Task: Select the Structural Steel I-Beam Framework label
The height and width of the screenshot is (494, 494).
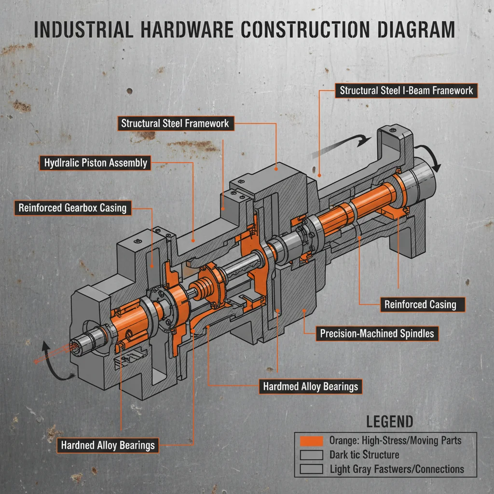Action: (406, 90)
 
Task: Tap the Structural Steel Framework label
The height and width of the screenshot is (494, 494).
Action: (175, 123)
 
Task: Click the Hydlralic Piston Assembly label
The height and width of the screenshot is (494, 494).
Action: (95, 163)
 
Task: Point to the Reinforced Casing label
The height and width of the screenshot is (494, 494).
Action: (420, 304)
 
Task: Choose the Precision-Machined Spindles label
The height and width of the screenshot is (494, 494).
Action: (377, 333)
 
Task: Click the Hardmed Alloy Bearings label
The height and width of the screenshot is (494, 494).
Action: (310, 386)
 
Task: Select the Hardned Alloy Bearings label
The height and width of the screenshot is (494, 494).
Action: (108, 445)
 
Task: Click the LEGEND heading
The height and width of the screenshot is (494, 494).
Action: (389, 421)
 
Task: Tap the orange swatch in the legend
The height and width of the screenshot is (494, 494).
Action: (311, 440)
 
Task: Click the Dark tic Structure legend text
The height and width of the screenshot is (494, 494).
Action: (364, 454)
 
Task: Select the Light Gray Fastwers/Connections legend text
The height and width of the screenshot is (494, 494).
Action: (397, 468)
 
